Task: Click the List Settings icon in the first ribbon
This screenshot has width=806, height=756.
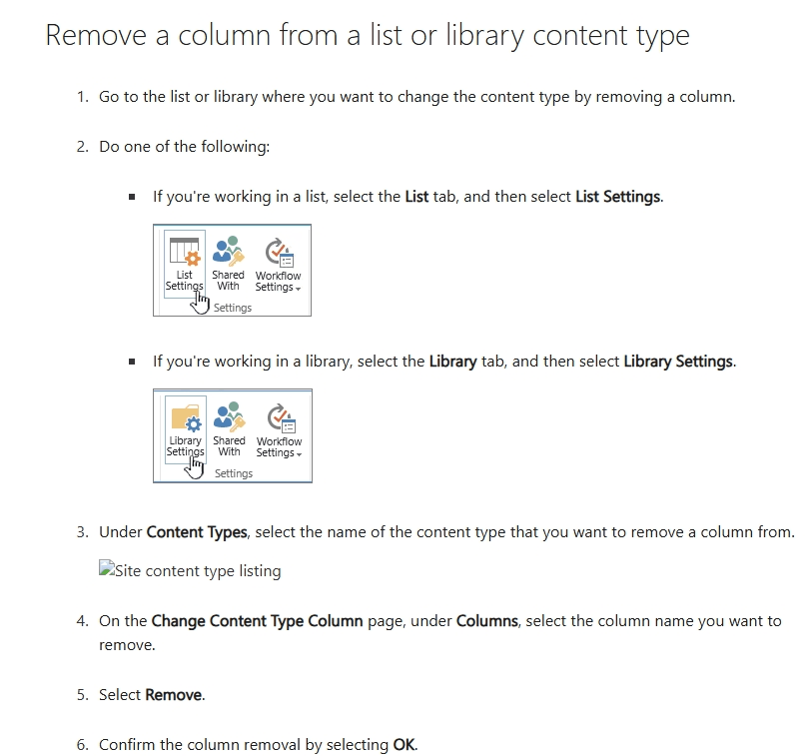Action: click(x=185, y=252)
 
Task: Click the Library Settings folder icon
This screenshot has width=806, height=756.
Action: click(x=186, y=417)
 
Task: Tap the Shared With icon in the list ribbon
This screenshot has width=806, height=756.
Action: click(x=229, y=251)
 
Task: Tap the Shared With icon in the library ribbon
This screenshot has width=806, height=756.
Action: click(x=230, y=416)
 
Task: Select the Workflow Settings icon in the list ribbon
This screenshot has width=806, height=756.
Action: click(x=279, y=253)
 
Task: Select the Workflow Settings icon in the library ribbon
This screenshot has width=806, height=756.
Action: click(x=280, y=418)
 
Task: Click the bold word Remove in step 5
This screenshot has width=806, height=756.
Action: click(x=174, y=695)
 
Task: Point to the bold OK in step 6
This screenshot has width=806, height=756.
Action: click(x=404, y=745)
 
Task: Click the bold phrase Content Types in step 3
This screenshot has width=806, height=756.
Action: click(x=197, y=532)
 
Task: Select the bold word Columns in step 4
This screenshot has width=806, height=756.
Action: click(x=486, y=621)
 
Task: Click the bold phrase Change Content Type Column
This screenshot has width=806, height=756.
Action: click(x=257, y=621)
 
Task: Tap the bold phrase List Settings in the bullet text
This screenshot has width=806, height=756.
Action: click(x=618, y=197)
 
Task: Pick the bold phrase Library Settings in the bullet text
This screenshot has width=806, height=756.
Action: click(x=678, y=362)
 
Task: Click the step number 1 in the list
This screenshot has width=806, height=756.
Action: click(x=81, y=97)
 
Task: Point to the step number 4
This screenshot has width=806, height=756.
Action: click(x=81, y=621)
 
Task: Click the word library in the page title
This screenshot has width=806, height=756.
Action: click(x=484, y=36)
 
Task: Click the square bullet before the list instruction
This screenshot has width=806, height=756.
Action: click(x=132, y=197)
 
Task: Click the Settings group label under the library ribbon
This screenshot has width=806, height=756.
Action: click(x=234, y=473)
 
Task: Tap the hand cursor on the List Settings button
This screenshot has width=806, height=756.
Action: click(x=200, y=303)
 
